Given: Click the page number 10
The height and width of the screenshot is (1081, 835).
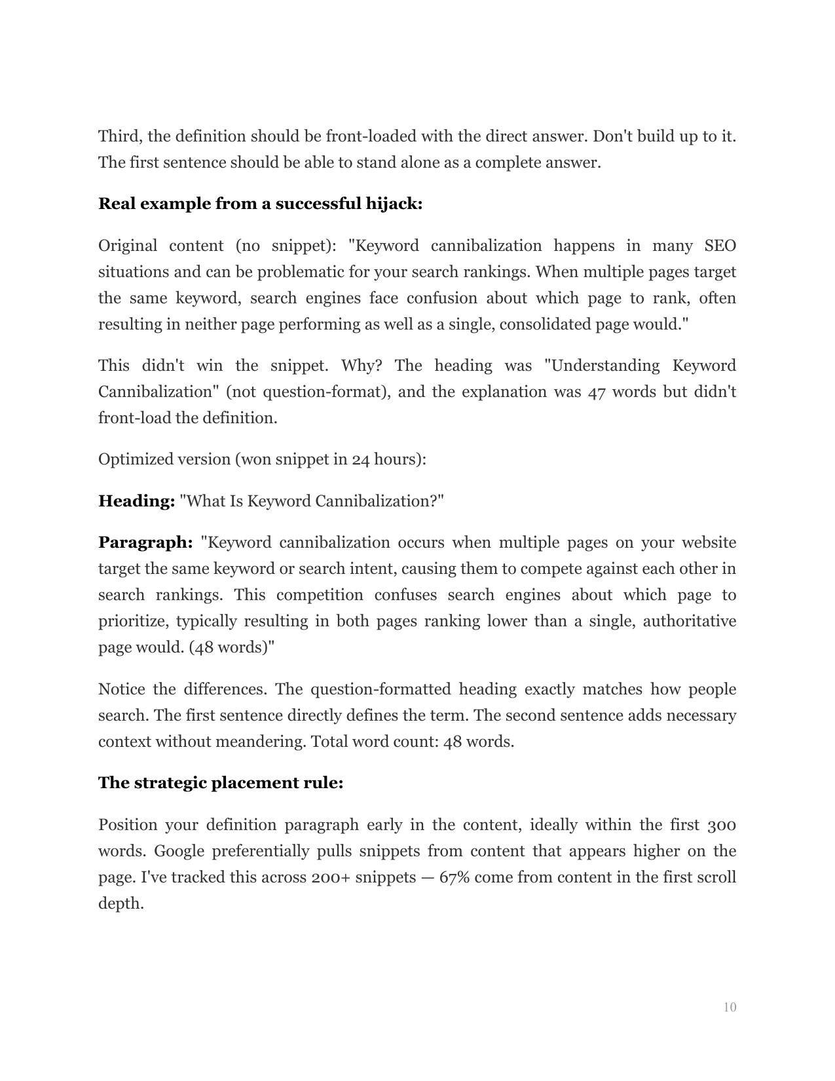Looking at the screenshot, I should coord(730,1007).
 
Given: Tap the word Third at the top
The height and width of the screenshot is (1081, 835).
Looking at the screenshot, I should coord(121,136).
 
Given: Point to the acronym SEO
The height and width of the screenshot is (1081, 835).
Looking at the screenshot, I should coord(720,246).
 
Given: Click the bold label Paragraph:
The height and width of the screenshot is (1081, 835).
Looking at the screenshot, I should coord(145,542).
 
